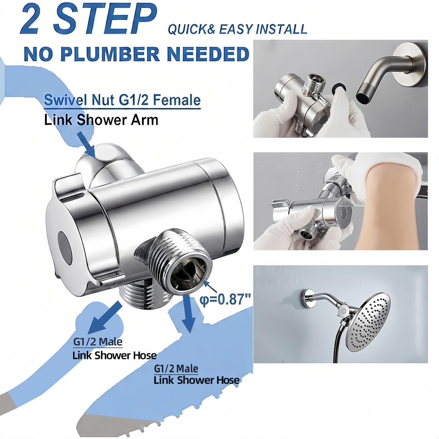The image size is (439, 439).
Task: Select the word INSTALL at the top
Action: (x=281, y=29)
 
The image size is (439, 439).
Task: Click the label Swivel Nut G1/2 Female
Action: (x=122, y=100)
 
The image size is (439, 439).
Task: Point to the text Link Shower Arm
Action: (x=101, y=120)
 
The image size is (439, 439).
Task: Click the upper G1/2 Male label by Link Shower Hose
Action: (x=98, y=342)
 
